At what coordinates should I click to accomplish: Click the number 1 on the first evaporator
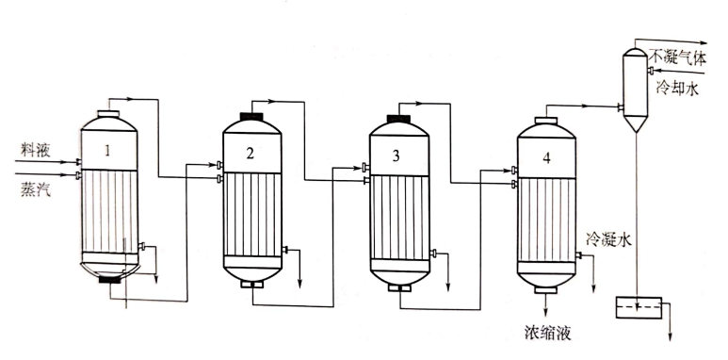tap(107, 151)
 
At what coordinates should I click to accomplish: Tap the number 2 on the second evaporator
tap(251, 154)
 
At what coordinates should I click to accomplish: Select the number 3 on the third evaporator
tap(396, 156)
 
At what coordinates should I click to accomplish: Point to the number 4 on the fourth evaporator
tap(546, 158)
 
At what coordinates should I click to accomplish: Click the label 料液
tap(35, 151)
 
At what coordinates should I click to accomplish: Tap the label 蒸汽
tap(35, 189)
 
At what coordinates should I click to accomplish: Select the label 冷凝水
tap(608, 239)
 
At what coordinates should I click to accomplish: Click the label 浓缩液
tap(546, 333)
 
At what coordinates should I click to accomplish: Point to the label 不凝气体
tap(677, 58)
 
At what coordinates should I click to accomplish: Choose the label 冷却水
tap(677, 89)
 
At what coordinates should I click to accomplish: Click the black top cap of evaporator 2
tap(251, 116)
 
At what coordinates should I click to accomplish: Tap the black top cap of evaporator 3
tap(398, 119)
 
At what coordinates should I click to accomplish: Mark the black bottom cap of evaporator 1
tap(110, 280)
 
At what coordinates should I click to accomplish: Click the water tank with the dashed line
tap(639, 307)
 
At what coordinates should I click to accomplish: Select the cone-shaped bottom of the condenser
tap(635, 123)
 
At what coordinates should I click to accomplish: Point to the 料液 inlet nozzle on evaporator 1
tap(78, 162)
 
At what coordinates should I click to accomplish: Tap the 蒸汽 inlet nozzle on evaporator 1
tap(78, 175)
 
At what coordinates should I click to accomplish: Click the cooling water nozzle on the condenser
tap(651, 70)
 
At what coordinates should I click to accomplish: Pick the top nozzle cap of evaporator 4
tap(546, 121)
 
